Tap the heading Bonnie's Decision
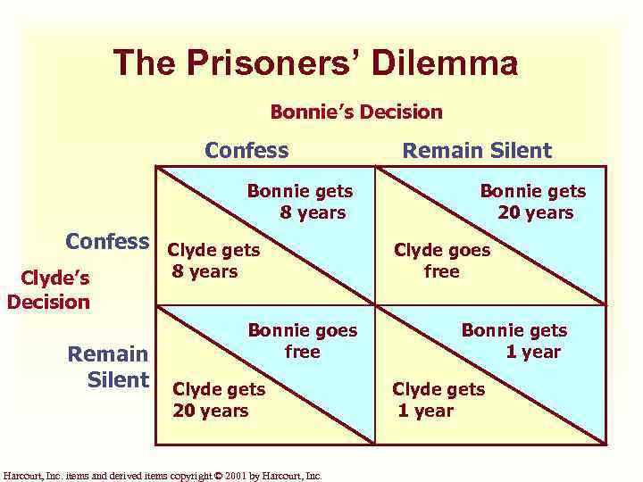click(x=356, y=112)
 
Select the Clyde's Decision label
click(x=48, y=289)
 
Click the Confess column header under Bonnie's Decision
click(x=246, y=150)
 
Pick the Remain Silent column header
click(x=477, y=150)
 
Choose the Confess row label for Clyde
click(x=107, y=241)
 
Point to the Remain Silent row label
click(x=109, y=367)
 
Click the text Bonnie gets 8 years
click(x=301, y=202)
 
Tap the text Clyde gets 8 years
click(x=214, y=261)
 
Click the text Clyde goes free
click(x=442, y=261)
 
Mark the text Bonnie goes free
click(x=302, y=340)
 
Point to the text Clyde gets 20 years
click(x=218, y=399)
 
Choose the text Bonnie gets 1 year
click(x=514, y=340)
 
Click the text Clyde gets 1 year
click(x=438, y=399)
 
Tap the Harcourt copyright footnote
click(x=163, y=475)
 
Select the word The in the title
click(x=143, y=63)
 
